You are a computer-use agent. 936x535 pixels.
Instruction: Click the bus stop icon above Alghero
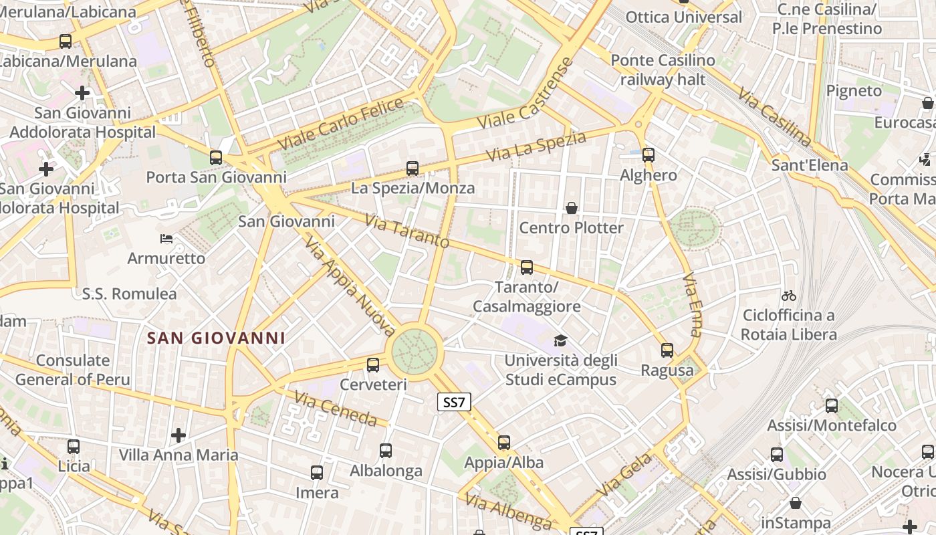pyautogui.click(x=648, y=155)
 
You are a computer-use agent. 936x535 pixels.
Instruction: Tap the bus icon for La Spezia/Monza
pyautogui.click(x=413, y=169)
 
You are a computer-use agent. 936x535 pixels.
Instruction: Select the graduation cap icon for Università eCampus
pyautogui.click(x=560, y=341)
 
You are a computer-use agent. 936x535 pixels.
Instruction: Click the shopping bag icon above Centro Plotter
pyautogui.click(x=572, y=208)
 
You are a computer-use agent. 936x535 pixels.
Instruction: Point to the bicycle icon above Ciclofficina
pyautogui.click(x=789, y=295)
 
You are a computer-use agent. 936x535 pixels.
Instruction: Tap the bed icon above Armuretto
pyautogui.click(x=166, y=238)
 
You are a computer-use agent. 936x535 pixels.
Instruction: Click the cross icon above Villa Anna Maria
pyautogui.click(x=179, y=435)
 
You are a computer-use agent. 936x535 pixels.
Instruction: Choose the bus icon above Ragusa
pyautogui.click(x=667, y=350)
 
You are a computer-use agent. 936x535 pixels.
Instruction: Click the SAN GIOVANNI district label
pyautogui.click(x=216, y=338)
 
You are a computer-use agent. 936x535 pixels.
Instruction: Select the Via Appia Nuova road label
pyautogui.click(x=350, y=284)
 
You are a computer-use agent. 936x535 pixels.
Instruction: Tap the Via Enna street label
pyautogui.click(x=693, y=304)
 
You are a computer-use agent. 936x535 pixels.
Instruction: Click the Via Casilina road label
pyautogui.click(x=775, y=116)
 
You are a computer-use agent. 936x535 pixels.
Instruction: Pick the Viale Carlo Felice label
pyautogui.click(x=341, y=124)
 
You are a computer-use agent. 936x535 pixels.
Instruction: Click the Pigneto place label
pyautogui.click(x=854, y=90)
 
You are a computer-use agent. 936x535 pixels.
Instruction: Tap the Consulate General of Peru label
pyautogui.click(x=73, y=370)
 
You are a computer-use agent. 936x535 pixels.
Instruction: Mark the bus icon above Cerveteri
pyautogui.click(x=373, y=365)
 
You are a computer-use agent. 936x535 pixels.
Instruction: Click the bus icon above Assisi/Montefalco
pyautogui.click(x=832, y=406)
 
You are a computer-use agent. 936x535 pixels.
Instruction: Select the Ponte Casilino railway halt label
pyautogui.click(x=663, y=70)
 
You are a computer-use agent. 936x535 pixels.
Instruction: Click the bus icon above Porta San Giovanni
pyautogui.click(x=216, y=158)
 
